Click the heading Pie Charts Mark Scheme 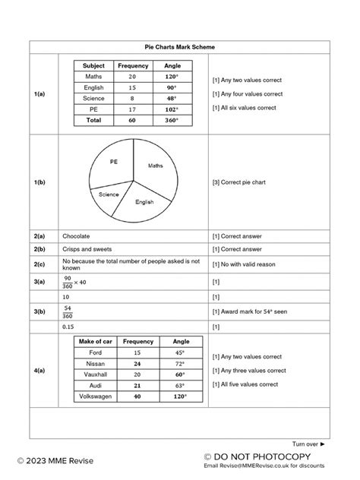coord(179,47)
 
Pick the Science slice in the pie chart coord(109,194)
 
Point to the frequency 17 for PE coord(133,108)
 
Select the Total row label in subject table coord(93,119)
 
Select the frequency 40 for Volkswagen coord(137,396)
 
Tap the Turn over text coord(308,444)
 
